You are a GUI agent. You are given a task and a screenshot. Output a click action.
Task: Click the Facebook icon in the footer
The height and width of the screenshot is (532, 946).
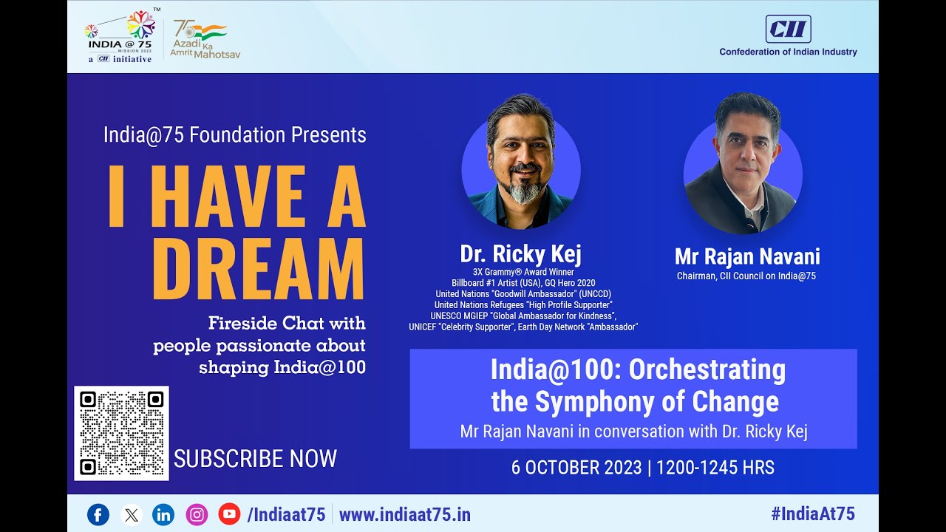(98, 514)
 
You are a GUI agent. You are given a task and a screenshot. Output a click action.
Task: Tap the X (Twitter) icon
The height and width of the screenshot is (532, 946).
(131, 514)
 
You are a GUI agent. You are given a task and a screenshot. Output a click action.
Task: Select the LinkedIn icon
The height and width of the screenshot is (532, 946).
(163, 514)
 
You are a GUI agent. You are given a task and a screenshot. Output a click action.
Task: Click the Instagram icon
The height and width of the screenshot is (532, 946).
(197, 514)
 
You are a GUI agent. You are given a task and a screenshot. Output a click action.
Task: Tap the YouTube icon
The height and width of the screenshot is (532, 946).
(229, 514)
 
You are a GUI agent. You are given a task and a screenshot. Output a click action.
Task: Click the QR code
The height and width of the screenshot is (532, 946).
(121, 433)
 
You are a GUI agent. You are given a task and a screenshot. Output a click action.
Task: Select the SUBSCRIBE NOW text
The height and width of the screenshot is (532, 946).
(255, 459)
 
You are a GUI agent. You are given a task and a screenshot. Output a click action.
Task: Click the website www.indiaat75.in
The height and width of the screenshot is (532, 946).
(404, 515)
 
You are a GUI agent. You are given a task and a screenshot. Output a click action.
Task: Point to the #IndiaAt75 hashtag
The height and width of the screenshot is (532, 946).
(812, 514)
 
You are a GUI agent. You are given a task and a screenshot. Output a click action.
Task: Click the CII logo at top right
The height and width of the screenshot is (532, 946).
(788, 30)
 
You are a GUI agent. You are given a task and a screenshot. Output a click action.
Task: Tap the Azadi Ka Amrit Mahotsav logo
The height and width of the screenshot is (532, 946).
(201, 39)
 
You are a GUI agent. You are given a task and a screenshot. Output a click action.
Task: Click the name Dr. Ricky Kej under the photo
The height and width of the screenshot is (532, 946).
(520, 254)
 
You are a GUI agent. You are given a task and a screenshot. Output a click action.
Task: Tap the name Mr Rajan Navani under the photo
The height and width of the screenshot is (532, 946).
(746, 256)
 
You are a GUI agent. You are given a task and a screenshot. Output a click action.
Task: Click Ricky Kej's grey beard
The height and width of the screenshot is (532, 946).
(524, 192)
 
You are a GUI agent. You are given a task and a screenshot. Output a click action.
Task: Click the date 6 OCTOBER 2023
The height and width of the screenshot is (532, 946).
(576, 468)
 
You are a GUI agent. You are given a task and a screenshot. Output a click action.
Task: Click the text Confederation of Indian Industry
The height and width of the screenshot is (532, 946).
(788, 52)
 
